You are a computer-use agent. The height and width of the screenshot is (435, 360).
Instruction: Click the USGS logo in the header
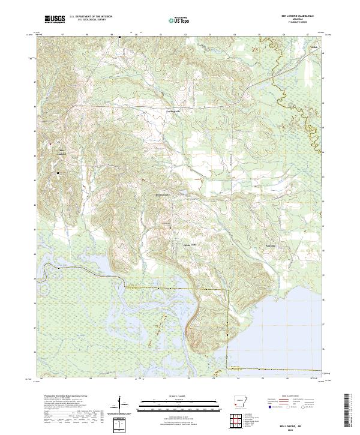click(55, 20)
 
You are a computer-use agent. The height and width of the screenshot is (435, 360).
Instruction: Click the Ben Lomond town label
click(61, 150)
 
